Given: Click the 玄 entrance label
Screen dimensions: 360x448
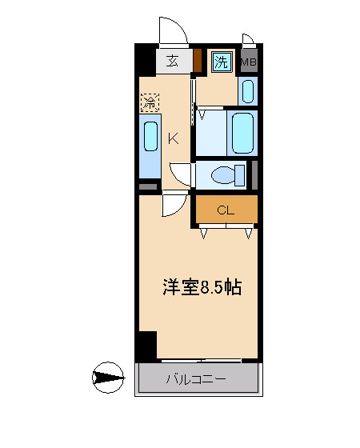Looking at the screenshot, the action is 172,62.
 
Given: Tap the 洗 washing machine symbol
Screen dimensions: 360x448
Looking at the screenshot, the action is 222,62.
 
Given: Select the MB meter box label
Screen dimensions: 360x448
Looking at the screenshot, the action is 249,62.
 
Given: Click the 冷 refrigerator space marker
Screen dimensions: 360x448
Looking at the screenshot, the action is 150,102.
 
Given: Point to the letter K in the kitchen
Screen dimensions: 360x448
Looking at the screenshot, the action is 173,139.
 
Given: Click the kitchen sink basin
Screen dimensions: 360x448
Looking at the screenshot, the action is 150,136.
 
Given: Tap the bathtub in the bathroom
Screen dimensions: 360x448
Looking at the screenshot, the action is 242,134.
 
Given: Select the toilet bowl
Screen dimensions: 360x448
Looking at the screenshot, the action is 228,175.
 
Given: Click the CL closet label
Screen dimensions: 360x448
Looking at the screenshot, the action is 226,210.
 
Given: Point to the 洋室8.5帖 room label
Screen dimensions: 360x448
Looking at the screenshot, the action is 202,287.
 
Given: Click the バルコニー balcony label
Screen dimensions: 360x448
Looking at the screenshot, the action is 196,379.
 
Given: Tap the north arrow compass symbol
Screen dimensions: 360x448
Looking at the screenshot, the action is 108,378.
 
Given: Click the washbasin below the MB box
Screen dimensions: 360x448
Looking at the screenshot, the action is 248,91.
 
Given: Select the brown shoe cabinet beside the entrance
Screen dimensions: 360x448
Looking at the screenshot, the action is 198,60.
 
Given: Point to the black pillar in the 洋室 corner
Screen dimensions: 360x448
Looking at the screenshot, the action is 148,345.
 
